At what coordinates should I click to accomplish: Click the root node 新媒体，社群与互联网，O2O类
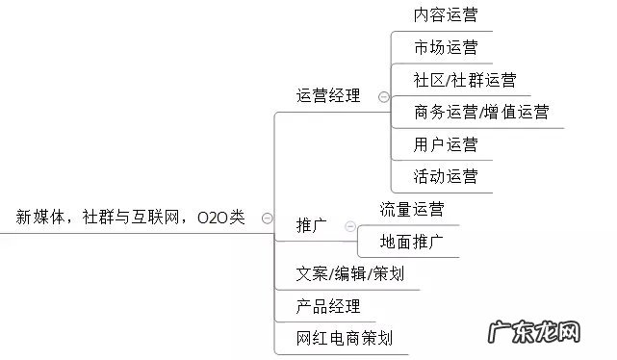[x=130, y=219]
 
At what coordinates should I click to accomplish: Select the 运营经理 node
[x=329, y=95]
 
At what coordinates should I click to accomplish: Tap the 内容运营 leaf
[x=445, y=15]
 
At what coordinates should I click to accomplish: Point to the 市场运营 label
[x=445, y=47]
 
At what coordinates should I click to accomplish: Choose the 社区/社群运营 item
[x=464, y=80]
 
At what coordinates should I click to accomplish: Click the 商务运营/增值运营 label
[x=480, y=112]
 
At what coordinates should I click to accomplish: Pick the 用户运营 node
[x=445, y=144]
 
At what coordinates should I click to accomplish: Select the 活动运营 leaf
[x=445, y=176]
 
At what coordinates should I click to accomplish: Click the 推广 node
[x=312, y=226]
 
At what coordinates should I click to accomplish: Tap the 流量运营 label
[x=412, y=209]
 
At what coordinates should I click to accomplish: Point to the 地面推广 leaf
[x=412, y=241]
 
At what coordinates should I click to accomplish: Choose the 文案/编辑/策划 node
[x=350, y=274]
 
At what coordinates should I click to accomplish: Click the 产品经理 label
[x=329, y=306]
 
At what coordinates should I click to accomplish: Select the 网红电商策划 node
[x=345, y=338]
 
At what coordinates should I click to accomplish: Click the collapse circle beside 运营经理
[x=384, y=96]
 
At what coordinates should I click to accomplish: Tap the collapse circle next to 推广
[x=346, y=226]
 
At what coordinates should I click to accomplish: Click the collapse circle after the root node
[x=267, y=219]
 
